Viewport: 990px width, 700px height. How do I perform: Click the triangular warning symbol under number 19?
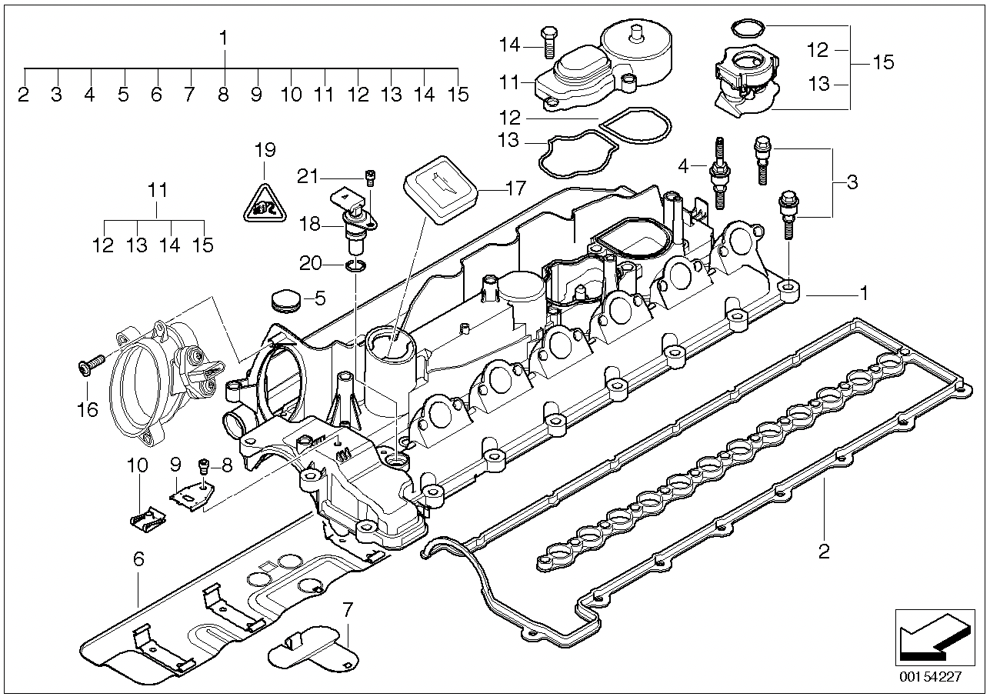coord(264,203)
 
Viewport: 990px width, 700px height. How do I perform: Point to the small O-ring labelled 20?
coord(355,266)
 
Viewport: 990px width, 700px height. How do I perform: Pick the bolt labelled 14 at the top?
coord(548,42)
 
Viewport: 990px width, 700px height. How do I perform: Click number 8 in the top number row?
coord(223,95)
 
